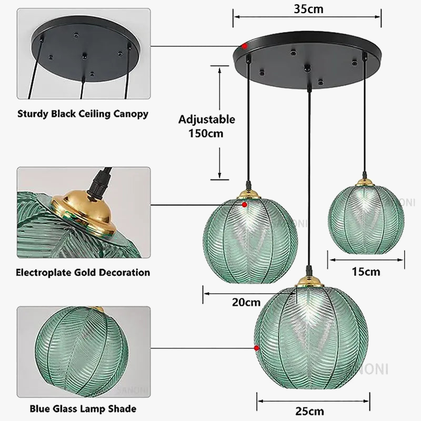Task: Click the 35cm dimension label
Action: point(308,9)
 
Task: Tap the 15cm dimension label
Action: point(366,272)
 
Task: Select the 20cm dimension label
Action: point(246,302)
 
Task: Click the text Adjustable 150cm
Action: point(206,126)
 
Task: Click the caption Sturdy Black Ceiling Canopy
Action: point(83,114)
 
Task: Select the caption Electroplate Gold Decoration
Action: point(83,273)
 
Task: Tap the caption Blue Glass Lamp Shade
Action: point(83,408)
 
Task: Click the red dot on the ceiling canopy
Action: point(245,47)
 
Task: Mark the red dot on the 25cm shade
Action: point(256,348)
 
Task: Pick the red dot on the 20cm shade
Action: point(245,204)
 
